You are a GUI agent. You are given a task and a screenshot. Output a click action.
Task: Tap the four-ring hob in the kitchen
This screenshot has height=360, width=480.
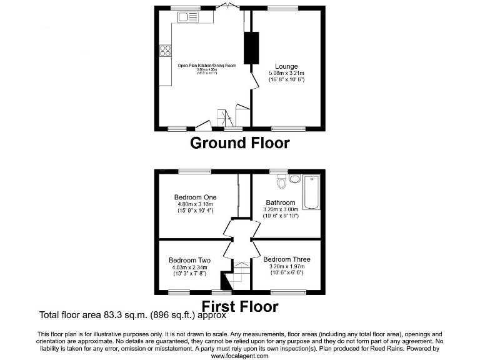[166, 51]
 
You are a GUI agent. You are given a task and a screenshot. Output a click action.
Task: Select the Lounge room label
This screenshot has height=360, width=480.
[287, 66]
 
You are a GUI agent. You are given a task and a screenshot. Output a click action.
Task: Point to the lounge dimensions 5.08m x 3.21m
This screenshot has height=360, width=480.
[287, 73]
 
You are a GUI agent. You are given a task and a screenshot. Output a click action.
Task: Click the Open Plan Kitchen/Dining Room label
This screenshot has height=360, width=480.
[207, 64]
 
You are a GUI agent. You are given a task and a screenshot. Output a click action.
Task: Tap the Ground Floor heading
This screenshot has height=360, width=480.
[239, 143]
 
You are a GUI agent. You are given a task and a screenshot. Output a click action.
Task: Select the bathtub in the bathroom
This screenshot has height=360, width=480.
[311, 192]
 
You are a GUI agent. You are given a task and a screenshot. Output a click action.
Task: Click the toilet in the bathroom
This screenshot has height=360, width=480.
[281, 181]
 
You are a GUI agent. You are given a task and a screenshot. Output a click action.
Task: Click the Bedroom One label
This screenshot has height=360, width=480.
[195, 197]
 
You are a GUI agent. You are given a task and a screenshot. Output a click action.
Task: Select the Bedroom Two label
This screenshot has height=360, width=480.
[189, 260]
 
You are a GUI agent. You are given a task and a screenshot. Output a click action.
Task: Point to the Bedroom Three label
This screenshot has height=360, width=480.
[286, 259]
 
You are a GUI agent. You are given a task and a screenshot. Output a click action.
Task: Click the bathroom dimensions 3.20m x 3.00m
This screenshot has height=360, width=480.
[281, 209]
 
